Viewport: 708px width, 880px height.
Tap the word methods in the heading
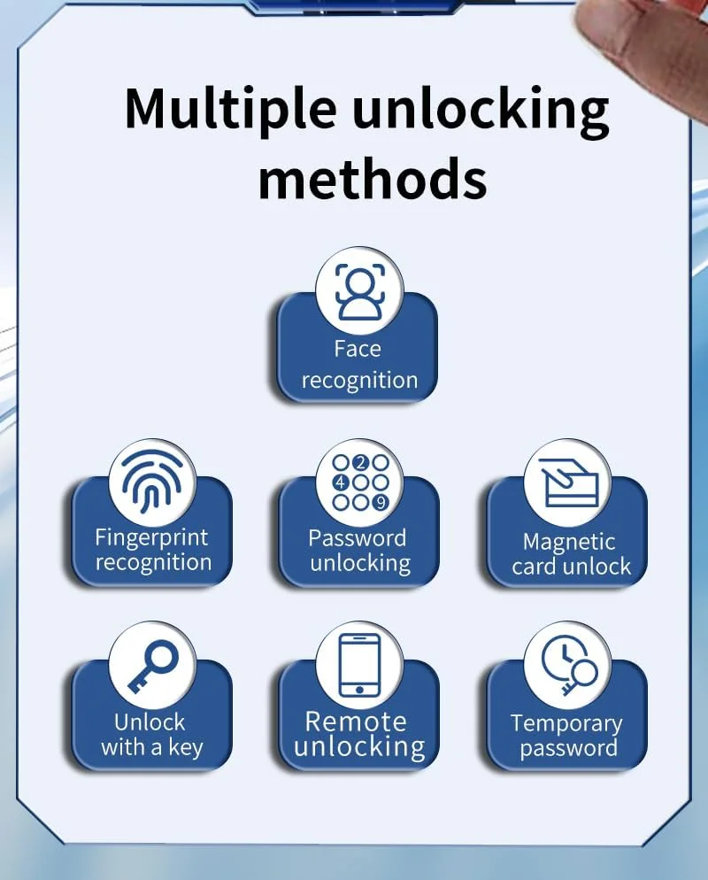tap(372, 179)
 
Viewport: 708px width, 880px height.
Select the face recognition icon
tap(360, 292)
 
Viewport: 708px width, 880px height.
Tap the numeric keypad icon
tap(360, 482)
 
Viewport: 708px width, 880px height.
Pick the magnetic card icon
tap(568, 482)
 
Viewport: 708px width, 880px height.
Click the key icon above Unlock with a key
tap(152, 666)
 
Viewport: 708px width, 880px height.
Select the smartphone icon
tap(359, 666)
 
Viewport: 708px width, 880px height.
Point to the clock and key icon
tap(569, 666)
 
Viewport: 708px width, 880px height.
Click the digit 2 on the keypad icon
tap(360, 463)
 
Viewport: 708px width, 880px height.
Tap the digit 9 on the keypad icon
tap(381, 502)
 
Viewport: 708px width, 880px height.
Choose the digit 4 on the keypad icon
tap(340, 482)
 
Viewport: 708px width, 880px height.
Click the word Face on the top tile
tap(358, 349)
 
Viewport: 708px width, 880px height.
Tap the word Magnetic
tap(569, 543)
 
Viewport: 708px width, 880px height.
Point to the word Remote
tap(356, 722)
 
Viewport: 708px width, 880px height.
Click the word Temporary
tap(566, 724)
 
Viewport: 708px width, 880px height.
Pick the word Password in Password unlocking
tap(357, 538)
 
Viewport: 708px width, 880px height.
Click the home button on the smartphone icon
tap(359, 690)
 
